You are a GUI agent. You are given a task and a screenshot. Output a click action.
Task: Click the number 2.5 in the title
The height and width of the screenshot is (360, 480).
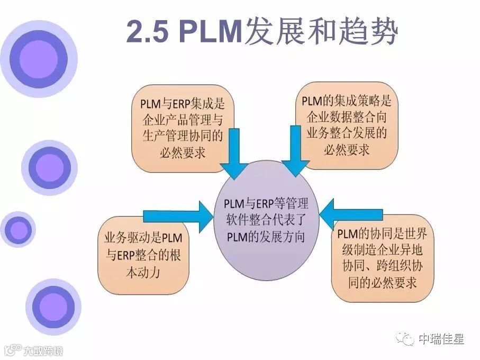(x=147, y=33)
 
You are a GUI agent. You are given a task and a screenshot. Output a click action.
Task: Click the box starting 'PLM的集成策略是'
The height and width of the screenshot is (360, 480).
(x=347, y=125)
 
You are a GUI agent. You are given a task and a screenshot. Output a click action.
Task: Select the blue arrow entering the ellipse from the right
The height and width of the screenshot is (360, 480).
(x=351, y=214)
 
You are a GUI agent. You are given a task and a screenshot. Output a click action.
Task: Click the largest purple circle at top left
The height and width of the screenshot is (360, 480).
(x=39, y=58)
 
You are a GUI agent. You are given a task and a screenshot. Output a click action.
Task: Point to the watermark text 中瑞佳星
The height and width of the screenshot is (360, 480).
(x=441, y=339)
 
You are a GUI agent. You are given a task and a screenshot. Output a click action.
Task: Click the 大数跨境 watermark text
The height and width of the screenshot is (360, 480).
(x=42, y=350)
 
